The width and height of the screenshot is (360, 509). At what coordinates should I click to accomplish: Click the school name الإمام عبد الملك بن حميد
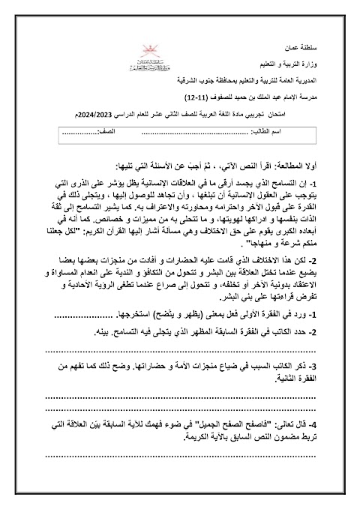pos(240,97)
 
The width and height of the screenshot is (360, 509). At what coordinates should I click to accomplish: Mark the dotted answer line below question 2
pos(180,347)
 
